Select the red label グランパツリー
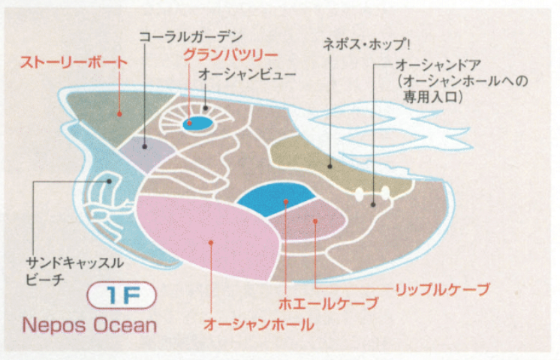point(231,55)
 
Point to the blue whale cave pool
point(274,198)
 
